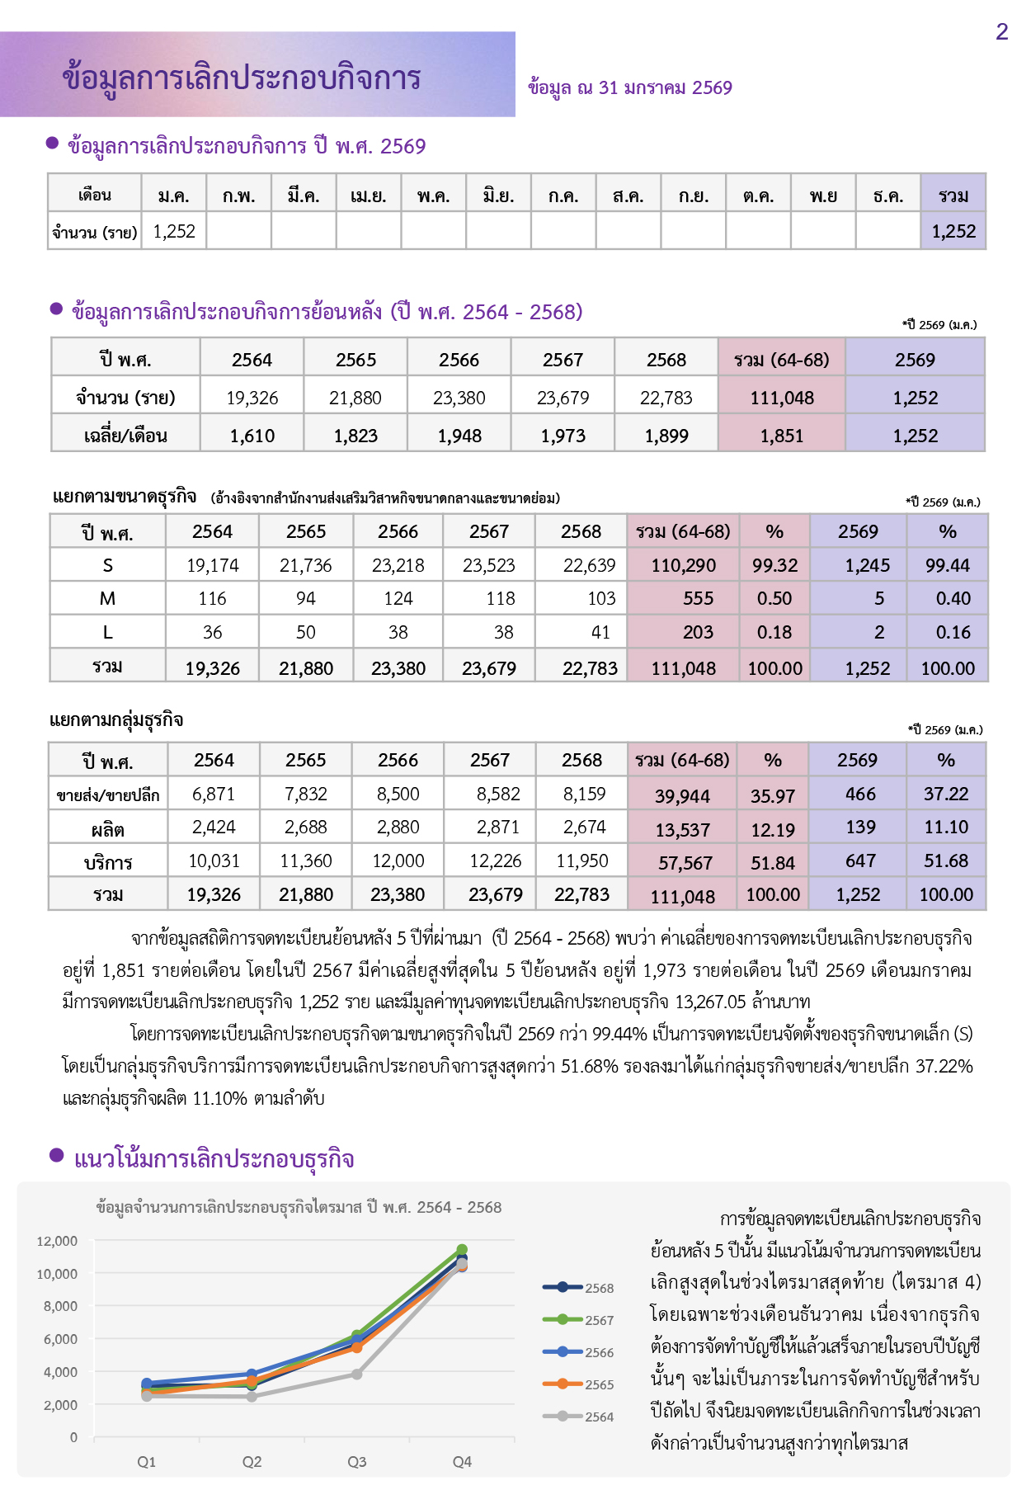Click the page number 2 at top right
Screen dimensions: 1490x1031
point(1001,32)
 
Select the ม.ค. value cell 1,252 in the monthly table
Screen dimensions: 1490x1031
point(174,232)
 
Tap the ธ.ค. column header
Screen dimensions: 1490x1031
point(887,196)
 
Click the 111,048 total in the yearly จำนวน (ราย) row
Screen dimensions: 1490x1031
point(781,398)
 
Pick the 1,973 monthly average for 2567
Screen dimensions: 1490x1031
point(563,436)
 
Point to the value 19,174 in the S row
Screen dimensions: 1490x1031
point(212,566)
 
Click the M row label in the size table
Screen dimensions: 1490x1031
point(107,599)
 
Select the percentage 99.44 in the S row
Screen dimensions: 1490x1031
point(947,566)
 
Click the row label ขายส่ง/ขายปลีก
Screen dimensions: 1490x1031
point(108,795)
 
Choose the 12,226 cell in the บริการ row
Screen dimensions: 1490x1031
point(495,861)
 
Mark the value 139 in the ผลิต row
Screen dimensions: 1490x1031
point(859,828)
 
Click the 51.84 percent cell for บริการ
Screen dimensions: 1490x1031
point(772,863)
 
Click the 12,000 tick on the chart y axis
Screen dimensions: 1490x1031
point(57,1241)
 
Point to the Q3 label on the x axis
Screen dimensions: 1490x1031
point(356,1462)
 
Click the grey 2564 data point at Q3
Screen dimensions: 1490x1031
point(356,1374)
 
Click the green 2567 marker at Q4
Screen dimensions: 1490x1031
point(462,1250)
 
